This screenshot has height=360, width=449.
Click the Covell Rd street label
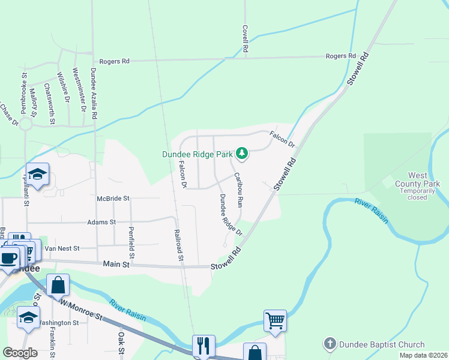point(245,38)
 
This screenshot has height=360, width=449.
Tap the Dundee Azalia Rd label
point(94,93)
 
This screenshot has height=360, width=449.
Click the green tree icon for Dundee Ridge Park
point(242,154)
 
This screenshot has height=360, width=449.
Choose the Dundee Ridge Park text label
point(197,154)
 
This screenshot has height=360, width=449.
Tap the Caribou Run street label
point(238,190)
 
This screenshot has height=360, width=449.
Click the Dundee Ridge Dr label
point(230,215)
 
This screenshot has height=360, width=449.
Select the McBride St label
point(113,197)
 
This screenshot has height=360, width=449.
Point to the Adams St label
point(101,222)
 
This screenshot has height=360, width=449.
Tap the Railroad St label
point(178,245)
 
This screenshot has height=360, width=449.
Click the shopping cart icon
point(275,320)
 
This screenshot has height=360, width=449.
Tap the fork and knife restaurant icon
point(202,345)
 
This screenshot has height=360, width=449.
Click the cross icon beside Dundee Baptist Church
point(330,344)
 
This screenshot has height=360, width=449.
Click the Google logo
point(20,353)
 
